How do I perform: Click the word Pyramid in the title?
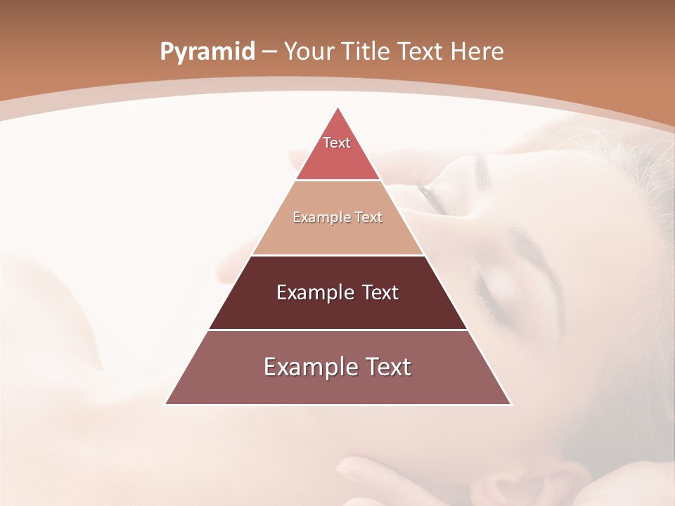(207, 52)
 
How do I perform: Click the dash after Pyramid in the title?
(269, 52)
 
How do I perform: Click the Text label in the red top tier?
(337, 143)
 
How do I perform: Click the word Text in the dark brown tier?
(381, 292)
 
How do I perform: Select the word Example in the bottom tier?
(307, 367)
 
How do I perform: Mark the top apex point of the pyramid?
(338, 108)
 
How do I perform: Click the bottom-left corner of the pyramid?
(166, 404)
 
